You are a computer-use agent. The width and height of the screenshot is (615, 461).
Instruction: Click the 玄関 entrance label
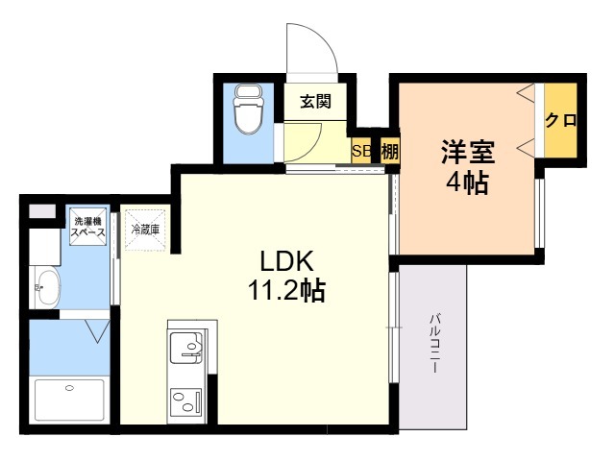pyautogui.click(x=316, y=102)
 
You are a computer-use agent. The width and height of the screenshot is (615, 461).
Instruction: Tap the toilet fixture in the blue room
pyautogui.click(x=248, y=109)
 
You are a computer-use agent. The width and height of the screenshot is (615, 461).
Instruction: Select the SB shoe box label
pyautogui.click(x=361, y=151)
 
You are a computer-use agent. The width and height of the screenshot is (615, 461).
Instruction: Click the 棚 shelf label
pyautogui.click(x=390, y=152)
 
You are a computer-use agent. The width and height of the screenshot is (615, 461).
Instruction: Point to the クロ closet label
pyautogui.click(x=561, y=120)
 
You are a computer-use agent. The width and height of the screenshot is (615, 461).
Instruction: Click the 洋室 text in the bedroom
pyautogui.click(x=468, y=152)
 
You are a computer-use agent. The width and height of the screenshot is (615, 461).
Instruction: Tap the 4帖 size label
pyautogui.click(x=468, y=182)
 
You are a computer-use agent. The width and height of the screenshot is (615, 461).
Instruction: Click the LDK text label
pyautogui.click(x=287, y=261)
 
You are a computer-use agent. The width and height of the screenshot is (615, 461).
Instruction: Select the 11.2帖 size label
pyautogui.click(x=286, y=290)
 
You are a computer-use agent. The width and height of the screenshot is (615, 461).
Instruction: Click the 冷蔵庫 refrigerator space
pyautogui.click(x=145, y=230)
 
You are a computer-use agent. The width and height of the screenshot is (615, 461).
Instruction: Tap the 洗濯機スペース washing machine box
pyautogui.click(x=87, y=227)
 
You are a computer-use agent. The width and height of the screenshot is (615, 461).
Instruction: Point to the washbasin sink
pyautogui.click(x=45, y=287)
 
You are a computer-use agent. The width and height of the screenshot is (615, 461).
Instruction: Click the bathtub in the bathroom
pyautogui.click(x=69, y=400)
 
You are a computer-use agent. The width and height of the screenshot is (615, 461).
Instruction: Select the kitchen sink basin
pyautogui.click(x=185, y=348)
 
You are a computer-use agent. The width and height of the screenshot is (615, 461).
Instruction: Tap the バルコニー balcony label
pyautogui.click(x=433, y=343)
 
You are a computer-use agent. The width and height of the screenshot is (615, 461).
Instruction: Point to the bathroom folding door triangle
pyautogui.click(x=97, y=331)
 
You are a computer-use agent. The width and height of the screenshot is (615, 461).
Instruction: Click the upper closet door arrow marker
pyautogui.click(x=526, y=93)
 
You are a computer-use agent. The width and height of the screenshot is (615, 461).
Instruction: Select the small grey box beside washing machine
pyautogui.click(x=42, y=211)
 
